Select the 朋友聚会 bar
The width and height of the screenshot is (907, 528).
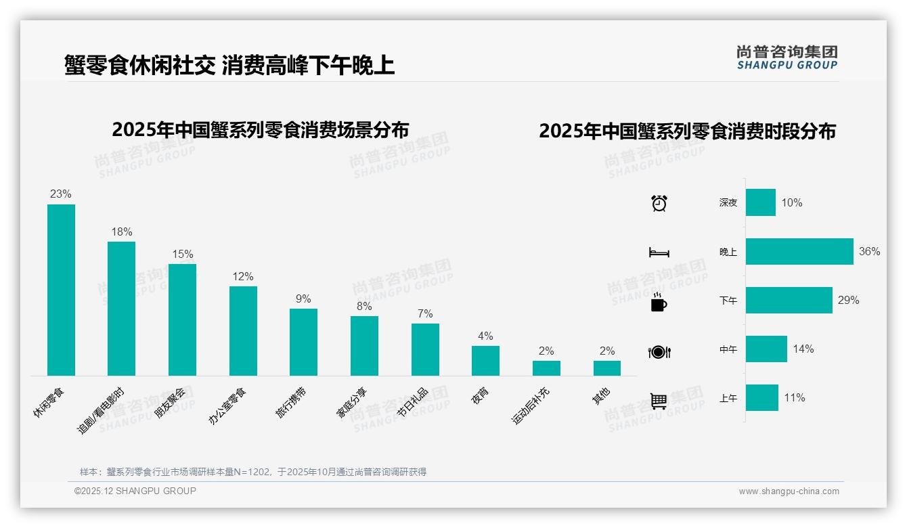(182, 320)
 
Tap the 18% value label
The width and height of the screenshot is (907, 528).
(122, 232)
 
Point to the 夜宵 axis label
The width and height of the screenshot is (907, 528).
(480, 395)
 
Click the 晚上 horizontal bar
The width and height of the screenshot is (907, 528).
(799, 251)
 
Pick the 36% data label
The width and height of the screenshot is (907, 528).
(869, 252)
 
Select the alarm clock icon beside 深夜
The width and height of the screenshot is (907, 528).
(659, 203)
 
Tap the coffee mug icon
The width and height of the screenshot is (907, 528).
(659, 302)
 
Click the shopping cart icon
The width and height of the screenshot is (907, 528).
(659, 401)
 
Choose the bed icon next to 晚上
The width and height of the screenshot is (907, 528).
(659, 252)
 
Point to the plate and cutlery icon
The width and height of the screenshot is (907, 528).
(659, 352)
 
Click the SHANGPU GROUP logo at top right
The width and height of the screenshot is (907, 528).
(787, 58)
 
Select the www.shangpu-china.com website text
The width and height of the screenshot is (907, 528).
(789, 491)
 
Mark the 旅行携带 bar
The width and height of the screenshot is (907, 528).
(303, 342)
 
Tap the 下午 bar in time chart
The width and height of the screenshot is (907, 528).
(789, 300)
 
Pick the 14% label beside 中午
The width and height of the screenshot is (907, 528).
(803, 349)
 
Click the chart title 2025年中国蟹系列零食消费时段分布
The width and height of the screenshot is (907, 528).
(687, 131)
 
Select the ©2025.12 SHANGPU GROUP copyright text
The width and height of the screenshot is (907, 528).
(135, 491)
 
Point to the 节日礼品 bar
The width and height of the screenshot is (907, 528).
(425, 349)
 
